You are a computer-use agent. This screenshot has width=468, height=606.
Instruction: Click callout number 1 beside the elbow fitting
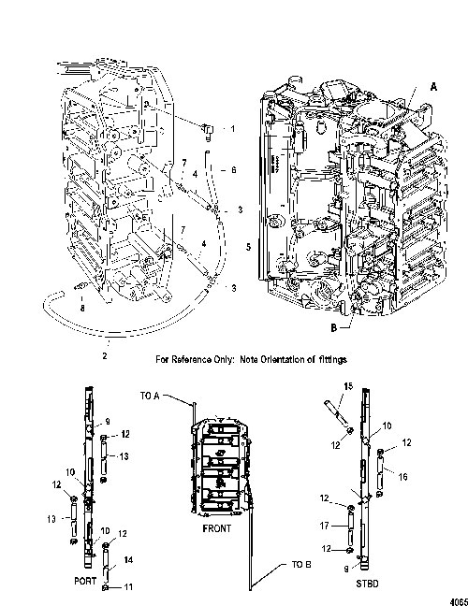(x=232, y=128)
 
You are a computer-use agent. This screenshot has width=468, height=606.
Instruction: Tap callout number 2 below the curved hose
(x=105, y=356)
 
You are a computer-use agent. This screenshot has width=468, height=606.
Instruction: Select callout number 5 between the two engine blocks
(x=248, y=247)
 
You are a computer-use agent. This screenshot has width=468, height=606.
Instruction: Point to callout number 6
(x=233, y=169)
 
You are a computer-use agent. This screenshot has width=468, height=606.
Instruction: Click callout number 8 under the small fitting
(x=82, y=308)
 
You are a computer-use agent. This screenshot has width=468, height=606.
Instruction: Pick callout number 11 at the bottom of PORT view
(x=128, y=587)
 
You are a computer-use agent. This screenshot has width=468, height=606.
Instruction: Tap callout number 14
(x=128, y=559)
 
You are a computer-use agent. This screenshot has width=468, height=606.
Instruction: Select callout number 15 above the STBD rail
(x=348, y=386)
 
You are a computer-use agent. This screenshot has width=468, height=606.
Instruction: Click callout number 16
(x=402, y=477)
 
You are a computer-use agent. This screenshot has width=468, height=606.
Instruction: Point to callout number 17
(x=325, y=526)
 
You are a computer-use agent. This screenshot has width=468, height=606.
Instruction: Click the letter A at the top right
(x=433, y=87)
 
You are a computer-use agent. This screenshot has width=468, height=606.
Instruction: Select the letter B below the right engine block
(x=334, y=327)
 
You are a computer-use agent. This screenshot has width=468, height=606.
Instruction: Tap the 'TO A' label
(x=150, y=396)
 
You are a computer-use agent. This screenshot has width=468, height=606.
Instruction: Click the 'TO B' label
(x=301, y=565)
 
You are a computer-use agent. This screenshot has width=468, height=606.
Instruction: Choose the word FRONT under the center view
(x=216, y=528)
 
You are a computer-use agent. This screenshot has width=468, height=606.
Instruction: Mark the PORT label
(x=85, y=581)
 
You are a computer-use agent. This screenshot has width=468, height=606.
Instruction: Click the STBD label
(x=367, y=584)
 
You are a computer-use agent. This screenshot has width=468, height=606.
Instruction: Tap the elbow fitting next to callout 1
(x=207, y=131)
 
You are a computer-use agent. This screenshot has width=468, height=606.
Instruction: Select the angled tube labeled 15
(x=336, y=412)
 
